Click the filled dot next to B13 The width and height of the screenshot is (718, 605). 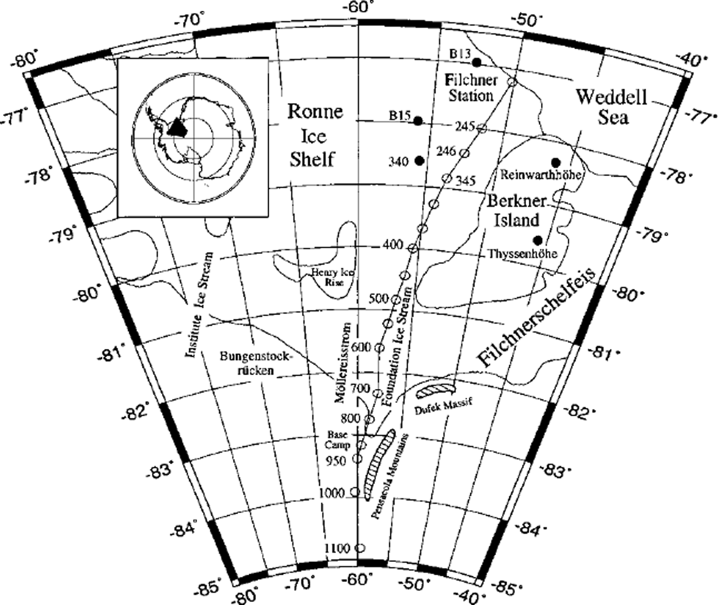(x=476, y=62)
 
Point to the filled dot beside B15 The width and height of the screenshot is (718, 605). (x=418, y=121)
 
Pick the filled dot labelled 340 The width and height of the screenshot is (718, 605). (x=420, y=161)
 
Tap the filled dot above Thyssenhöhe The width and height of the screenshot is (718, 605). (x=537, y=240)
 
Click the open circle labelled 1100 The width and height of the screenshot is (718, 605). (x=360, y=548)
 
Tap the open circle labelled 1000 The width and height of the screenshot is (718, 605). (x=354, y=492)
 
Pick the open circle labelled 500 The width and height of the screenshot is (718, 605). (x=395, y=299)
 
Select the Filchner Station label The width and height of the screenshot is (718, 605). (x=471, y=88)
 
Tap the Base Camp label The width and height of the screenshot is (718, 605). (x=339, y=440)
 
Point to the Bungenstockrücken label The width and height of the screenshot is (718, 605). (x=255, y=363)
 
